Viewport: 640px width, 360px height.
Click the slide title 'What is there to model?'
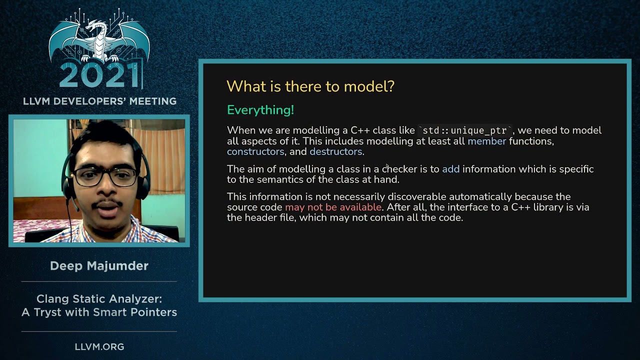pos(310,86)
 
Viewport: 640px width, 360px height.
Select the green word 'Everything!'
pos(260,110)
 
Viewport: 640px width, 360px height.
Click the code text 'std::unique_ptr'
pos(464,131)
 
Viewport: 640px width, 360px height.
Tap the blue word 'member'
pos(486,141)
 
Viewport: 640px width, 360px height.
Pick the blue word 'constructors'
pos(255,151)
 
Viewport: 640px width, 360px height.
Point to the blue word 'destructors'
pos(336,151)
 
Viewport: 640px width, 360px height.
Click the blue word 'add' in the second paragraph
pos(450,169)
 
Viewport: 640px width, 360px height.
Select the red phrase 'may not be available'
pos(333,207)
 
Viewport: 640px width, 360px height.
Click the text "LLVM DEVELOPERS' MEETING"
pos(99,101)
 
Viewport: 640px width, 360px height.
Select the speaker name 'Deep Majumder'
pos(99,266)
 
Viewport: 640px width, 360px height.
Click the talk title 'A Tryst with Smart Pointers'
pos(99,312)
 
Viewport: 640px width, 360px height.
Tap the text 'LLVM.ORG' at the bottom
pos(99,346)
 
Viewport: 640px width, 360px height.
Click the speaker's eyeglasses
pos(105,176)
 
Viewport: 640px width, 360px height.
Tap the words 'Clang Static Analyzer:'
pos(99,299)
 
